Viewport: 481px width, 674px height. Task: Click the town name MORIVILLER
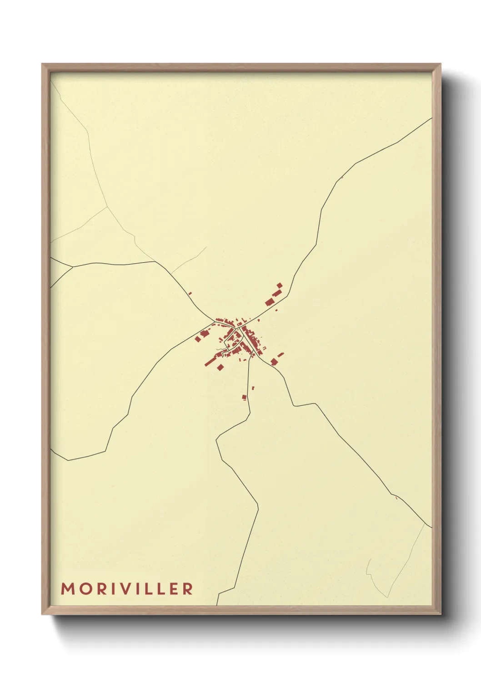pyautogui.click(x=127, y=588)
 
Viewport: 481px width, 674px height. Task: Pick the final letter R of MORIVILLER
pyautogui.click(x=187, y=588)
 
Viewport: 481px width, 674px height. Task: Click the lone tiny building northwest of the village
pyautogui.click(x=190, y=293)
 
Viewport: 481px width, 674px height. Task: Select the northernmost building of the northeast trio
pyautogui.click(x=280, y=286)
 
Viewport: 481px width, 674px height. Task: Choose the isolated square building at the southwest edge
pyautogui.click(x=220, y=367)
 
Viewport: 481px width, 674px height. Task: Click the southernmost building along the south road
pyautogui.click(x=244, y=398)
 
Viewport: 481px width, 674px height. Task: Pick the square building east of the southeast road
pyautogui.click(x=274, y=362)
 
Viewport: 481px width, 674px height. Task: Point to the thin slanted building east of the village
pyautogui.click(x=281, y=354)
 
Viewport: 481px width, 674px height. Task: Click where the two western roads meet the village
pyautogui.click(x=214, y=322)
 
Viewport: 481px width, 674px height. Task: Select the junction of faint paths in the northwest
pyautogui.click(x=107, y=207)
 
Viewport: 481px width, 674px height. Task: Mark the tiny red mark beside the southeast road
pyautogui.click(x=396, y=498)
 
